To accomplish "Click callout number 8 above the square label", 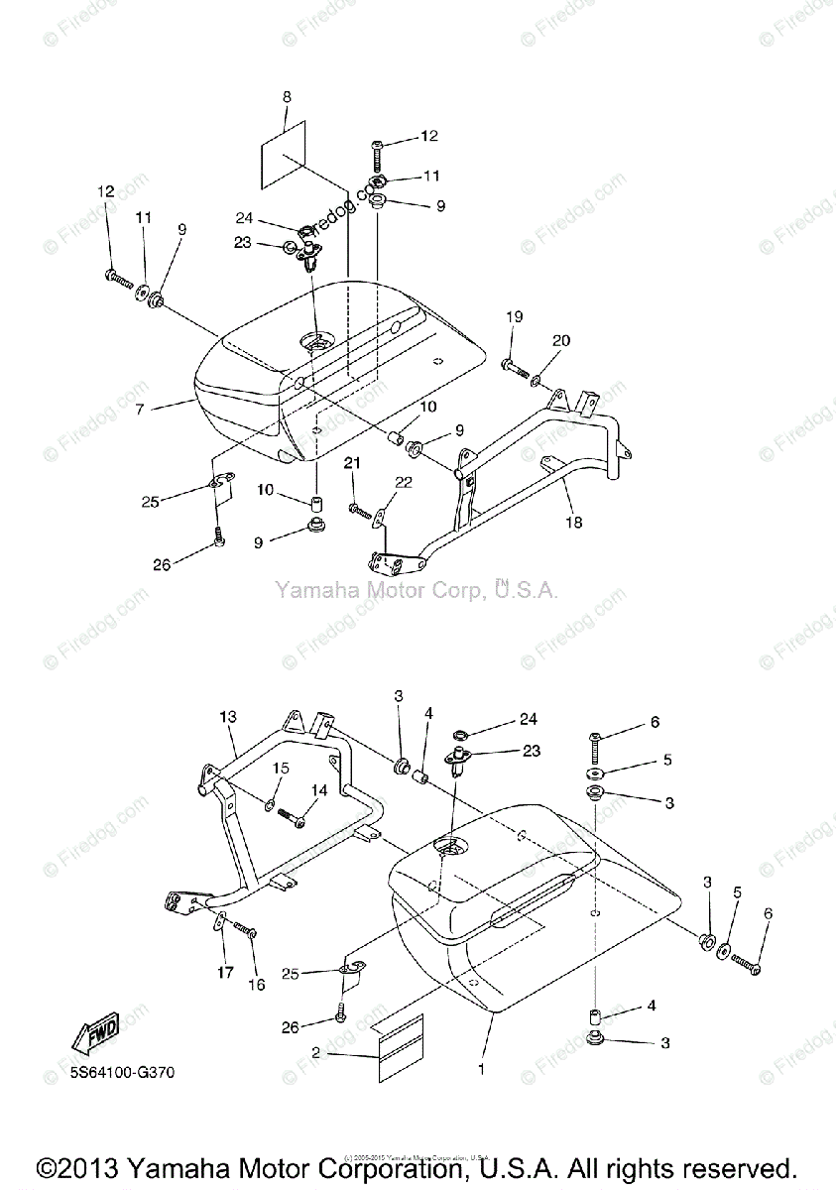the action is click(x=287, y=97).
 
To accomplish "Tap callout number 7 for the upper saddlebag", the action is click(x=140, y=408).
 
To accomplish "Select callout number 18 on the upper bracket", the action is click(x=574, y=522).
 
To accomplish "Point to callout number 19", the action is click(x=514, y=317).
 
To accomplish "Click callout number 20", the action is click(x=561, y=341).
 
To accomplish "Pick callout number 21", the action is click(x=352, y=463).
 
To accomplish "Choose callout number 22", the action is click(x=403, y=482).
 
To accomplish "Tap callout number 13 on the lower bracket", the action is click(x=229, y=716).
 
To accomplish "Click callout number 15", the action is click(x=282, y=768).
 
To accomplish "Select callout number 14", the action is click(x=319, y=790).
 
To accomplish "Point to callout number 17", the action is click(x=225, y=973).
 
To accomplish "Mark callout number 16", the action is click(x=257, y=985).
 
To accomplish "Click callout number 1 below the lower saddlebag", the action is click(x=483, y=1070).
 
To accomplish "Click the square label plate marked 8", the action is click(x=284, y=156).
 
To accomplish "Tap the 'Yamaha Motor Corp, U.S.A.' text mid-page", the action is click(x=417, y=591).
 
